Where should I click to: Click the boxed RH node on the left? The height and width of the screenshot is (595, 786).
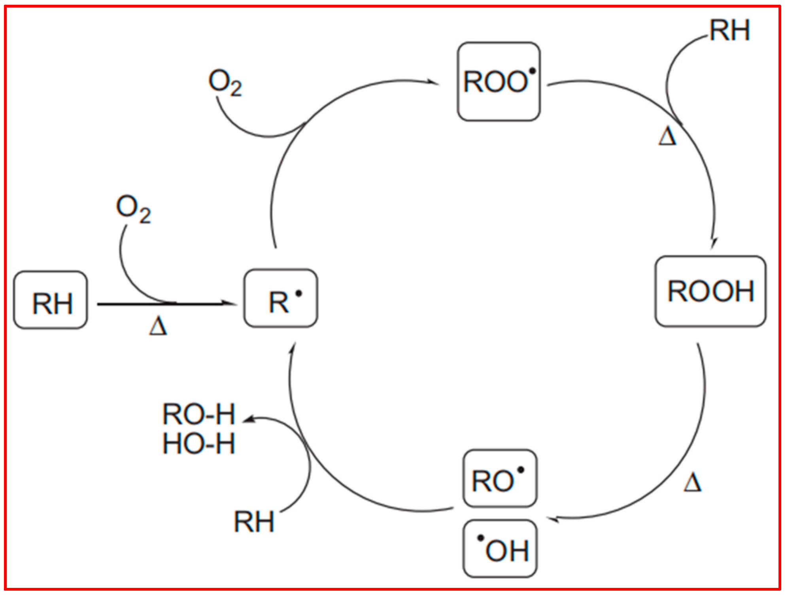51,300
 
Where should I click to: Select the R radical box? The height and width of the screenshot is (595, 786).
281,298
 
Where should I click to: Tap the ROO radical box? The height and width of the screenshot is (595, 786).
499,81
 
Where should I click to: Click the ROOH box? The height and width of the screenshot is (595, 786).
710,291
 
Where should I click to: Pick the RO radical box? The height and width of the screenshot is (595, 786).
500,479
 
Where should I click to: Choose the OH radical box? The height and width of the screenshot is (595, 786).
500,549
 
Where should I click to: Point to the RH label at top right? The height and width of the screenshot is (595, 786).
729,30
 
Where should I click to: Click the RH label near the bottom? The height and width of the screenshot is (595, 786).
254,522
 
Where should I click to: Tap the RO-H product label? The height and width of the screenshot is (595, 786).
199,414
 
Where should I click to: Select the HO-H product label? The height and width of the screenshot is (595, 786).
199,444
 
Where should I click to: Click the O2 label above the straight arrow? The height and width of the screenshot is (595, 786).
133,208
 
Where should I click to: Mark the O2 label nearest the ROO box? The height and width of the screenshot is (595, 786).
225,82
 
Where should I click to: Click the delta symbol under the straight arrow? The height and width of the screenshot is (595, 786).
158,327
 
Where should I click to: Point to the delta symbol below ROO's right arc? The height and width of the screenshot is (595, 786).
667,136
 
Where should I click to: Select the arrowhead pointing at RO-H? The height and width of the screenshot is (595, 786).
248,419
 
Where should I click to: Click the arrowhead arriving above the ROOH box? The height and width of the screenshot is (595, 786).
714,242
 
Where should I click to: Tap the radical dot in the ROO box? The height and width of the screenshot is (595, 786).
532,71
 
